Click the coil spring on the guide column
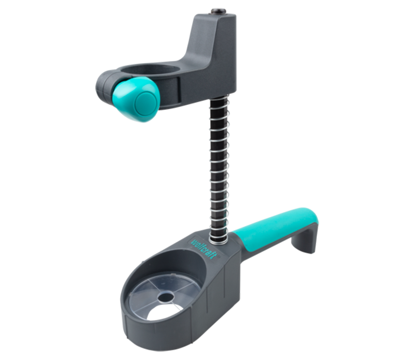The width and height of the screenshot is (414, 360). tap(219, 169)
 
